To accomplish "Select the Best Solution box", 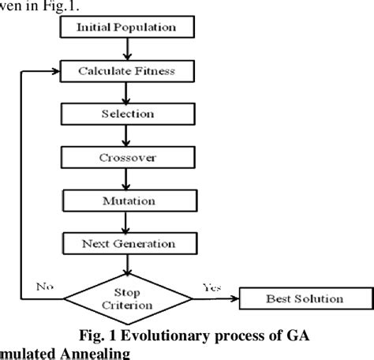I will tap(302, 298).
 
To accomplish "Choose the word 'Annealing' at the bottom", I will tap(91, 353).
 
